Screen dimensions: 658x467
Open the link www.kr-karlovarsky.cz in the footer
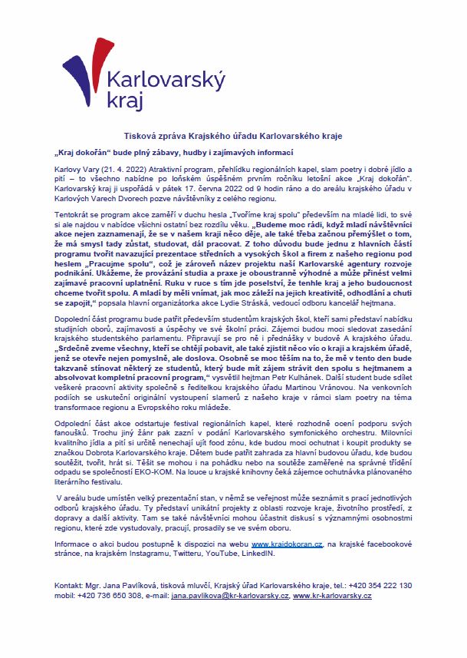click(x=332, y=596)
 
